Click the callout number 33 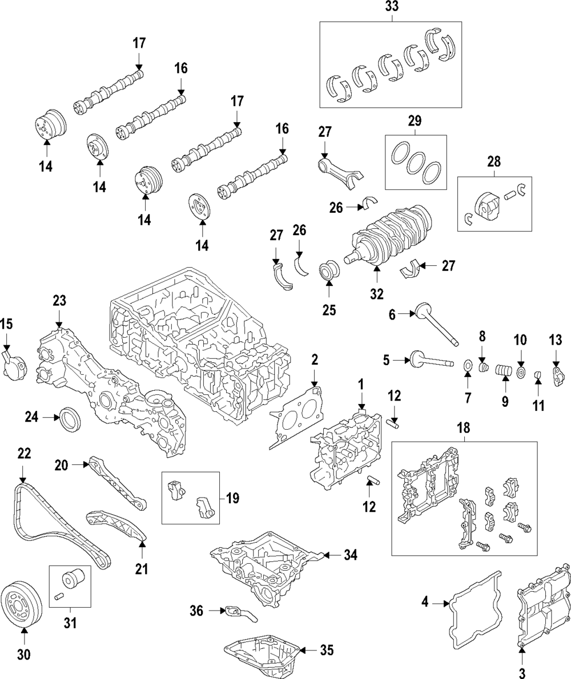tap(392, 7)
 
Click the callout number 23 tap(59, 300)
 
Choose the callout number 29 tap(414, 120)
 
